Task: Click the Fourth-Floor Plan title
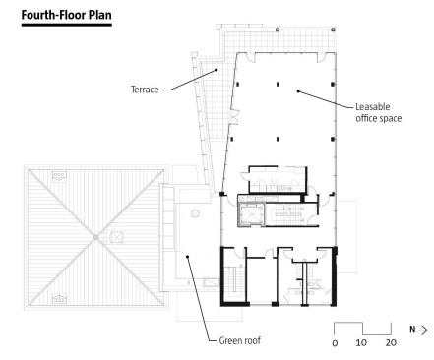(67, 15)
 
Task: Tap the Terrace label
(145, 90)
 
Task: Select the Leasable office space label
(379, 112)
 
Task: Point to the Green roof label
(240, 340)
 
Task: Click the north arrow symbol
(423, 330)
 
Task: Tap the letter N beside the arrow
(412, 330)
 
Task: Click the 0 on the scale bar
(335, 343)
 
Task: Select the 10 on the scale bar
(361, 343)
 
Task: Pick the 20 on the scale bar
(391, 343)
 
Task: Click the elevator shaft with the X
(251, 213)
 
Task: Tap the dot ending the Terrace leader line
(217, 70)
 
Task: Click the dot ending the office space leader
(298, 91)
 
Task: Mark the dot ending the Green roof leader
(188, 257)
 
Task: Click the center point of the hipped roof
(95, 237)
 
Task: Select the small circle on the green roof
(196, 213)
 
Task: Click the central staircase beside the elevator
(287, 214)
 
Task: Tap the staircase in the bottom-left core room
(233, 278)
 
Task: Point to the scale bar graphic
(362, 329)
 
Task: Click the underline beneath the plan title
(67, 25)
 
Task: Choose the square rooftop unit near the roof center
(116, 237)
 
